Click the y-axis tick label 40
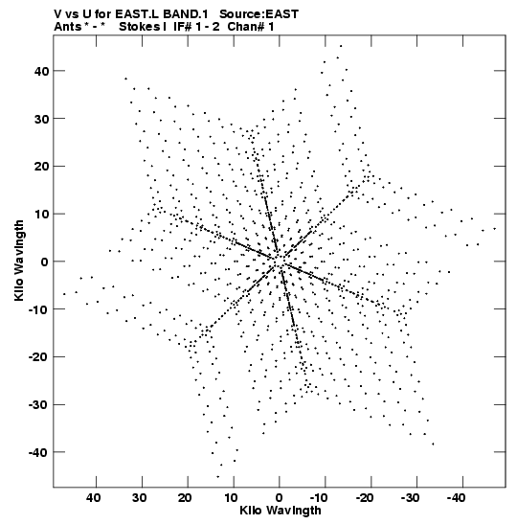(x=41, y=71)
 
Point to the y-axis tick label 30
(x=41, y=119)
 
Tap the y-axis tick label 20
(x=41, y=167)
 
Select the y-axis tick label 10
(x=41, y=215)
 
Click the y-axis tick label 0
(x=45, y=262)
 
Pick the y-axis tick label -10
(x=38, y=309)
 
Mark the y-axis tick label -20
(x=38, y=357)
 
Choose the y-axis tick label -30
(x=38, y=405)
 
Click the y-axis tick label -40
(x=38, y=453)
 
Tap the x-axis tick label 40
(x=93, y=498)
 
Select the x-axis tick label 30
(x=139, y=498)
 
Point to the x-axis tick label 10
(x=231, y=498)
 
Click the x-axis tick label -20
(x=364, y=498)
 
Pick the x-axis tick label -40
(x=456, y=498)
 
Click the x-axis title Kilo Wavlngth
(x=281, y=511)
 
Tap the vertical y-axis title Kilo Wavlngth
(x=19, y=261)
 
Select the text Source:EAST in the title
(x=258, y=14)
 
